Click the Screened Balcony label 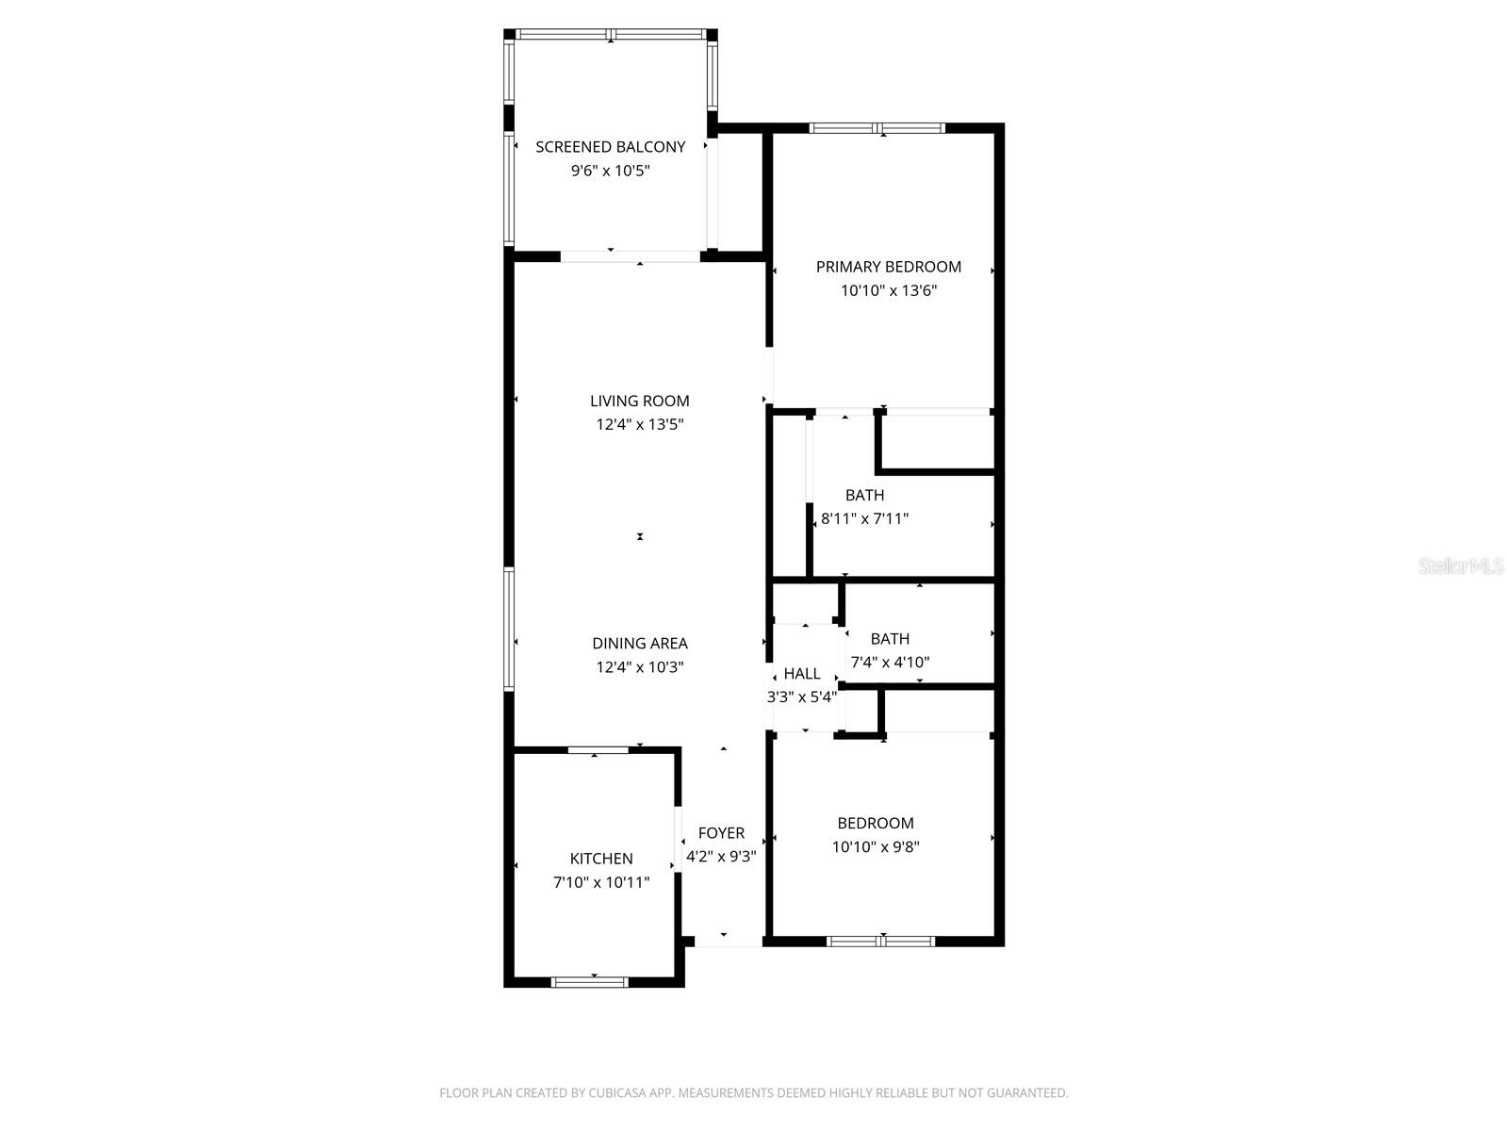point(610,147)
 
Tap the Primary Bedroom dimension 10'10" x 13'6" point(889,291)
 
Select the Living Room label point(640,402)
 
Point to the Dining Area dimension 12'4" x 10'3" point(640,667)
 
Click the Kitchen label point(601,859)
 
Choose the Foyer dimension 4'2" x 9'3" point(721,857)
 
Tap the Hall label point(802,674)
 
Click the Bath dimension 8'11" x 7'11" point(864,518)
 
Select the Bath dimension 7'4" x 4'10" point(890,663)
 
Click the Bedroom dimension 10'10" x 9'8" point(876,847)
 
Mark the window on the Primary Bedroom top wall point(877,128)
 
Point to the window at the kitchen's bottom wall point(589,982)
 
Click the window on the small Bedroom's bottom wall point(880,941)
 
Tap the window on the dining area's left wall point(509,630)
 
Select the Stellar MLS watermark point(1461,566)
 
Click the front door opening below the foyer point(728,942)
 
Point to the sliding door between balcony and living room point(631,256)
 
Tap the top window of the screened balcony point(611,35)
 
